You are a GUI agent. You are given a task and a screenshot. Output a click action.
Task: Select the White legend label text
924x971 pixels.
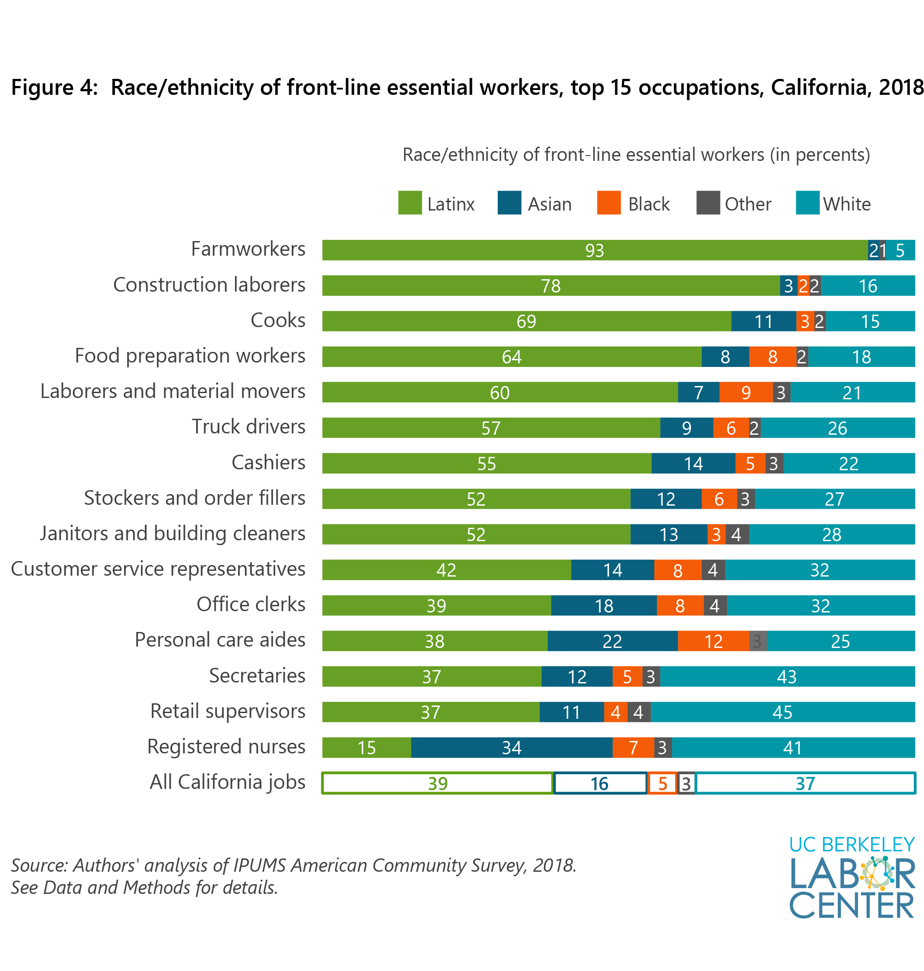click(x=847, y=204)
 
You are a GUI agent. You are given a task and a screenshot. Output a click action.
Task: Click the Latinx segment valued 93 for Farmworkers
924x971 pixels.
click(x=594, y=250)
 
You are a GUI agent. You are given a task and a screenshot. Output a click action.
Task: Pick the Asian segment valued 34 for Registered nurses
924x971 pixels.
click(x=511, y=747)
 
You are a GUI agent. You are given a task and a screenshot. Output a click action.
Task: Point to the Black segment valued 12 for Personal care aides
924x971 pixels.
click(x=713, y=641)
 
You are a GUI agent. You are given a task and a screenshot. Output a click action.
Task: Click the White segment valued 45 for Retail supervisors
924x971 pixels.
click(x=782, y=712)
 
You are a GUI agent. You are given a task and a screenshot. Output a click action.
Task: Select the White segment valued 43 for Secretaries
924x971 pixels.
click(x=786, y=676)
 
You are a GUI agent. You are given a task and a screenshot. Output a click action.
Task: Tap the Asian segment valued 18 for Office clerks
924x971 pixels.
click(x=603, y=605)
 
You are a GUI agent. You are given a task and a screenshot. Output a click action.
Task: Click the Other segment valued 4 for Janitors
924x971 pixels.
click(x=736, y=534)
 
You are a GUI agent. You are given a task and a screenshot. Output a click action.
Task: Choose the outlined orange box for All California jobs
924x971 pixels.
click(x=662, y=783)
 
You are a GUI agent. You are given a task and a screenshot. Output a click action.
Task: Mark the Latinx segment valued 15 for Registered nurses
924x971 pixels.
click(x=366, y=747)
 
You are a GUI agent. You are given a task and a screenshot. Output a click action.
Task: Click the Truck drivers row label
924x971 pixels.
click(x=248, y=427)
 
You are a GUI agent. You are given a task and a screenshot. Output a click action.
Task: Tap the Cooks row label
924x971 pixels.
click(x=278, y=320)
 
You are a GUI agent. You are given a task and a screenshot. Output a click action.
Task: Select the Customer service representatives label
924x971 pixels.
click(x=158, y=569)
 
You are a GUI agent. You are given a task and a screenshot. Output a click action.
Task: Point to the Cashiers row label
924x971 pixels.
click(x=268, y=463)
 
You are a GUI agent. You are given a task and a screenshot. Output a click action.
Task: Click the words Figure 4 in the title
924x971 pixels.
click(x=54, y=88)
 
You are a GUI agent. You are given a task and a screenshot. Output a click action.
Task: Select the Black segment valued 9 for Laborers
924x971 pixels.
click(x=745, y=392)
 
